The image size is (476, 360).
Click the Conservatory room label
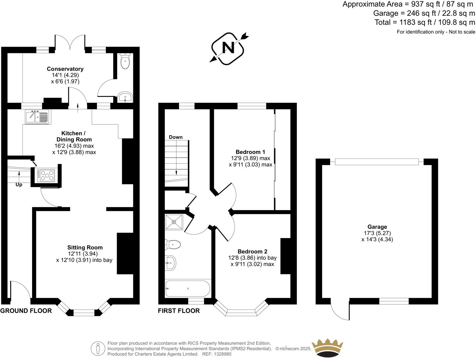[65, 69]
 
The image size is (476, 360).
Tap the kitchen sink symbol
[37, 117]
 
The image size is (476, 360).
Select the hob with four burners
[46, 175]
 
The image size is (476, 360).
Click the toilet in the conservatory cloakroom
[125, 62]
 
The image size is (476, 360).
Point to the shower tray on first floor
[174, 222]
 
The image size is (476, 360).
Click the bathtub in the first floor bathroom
[188, 289]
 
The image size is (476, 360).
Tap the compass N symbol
[228, 48]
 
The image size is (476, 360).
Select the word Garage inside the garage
[377, 227]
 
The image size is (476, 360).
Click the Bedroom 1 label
[250, 152]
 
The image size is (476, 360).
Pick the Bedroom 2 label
[252, 251]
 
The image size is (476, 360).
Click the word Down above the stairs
[176, 137]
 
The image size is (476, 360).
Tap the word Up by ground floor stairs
[19, 185]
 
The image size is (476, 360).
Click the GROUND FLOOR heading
[26, 311]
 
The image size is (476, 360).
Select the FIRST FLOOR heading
[179, 311]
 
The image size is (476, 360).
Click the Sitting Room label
[85, 247]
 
